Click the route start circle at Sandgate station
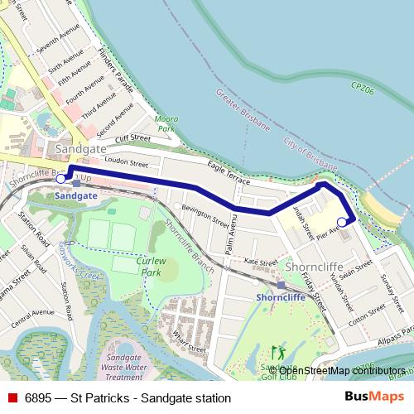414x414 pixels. click(60, 177)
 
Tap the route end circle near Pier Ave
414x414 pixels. click(342, 222)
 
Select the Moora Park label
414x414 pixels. click(167, 125)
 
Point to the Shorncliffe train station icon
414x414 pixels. click(281, 284)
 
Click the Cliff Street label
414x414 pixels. click(132, 138)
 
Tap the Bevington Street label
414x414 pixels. click(205, 216)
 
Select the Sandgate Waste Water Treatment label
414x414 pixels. click(124, 361)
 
